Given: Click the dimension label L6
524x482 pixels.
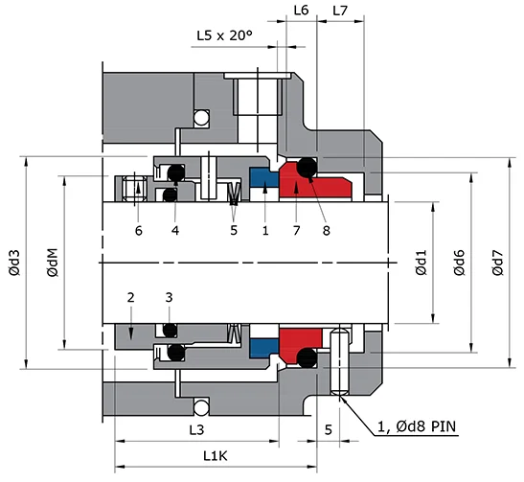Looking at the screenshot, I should tap(300, 11).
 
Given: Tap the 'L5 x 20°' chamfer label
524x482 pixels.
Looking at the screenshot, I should tap(222, 35).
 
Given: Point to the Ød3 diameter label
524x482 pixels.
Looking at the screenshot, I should tap(13, 260).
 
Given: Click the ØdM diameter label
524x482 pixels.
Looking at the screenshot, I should tap(53, 260).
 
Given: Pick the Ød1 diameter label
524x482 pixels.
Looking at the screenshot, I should tap(421, 261).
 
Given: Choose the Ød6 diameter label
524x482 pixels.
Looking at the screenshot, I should tap(460, 260).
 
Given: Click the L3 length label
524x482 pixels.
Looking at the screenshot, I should tap(195, 428).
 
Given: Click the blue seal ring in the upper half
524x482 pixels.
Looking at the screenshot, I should tap(261, 179).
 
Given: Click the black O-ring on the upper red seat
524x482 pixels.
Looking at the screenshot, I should tap(306, 167).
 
